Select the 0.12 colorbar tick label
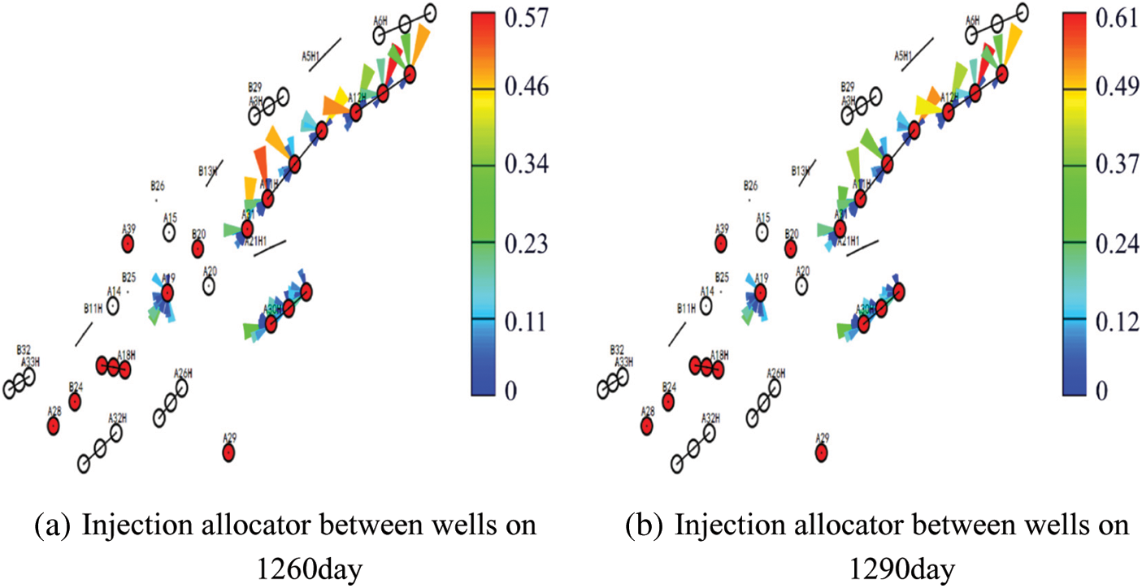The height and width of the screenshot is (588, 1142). (x=1118, y=323)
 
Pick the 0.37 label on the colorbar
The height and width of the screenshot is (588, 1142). (x=1118, y=166)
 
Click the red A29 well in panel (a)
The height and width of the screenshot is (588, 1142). (x=228, y=452)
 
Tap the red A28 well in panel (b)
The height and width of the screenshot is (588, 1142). (x=646, y=426)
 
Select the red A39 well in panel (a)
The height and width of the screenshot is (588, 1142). (x=128, y=243)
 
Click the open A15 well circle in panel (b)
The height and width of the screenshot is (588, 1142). (x=762, y=233)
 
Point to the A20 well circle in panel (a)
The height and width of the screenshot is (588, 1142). (x=209, y=286)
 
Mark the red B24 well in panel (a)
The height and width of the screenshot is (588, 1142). (x=75, y=401)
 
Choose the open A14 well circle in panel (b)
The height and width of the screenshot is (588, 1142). (x=706, y=305)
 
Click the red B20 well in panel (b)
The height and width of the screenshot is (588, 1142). (x=791, y=249)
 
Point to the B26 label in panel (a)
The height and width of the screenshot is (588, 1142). (x=157, y=185)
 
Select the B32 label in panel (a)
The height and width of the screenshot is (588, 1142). (x=24, y=350)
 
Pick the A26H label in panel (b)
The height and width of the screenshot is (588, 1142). (x=776, y=373)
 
